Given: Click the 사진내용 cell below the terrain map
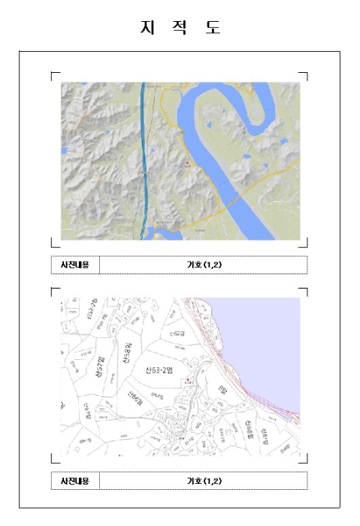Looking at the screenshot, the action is pos(75,265).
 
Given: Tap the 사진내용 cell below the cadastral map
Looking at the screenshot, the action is pos(75,480).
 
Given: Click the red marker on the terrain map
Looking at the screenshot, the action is pos(186,162).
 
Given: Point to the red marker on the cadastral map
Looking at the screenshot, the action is pos(187,379).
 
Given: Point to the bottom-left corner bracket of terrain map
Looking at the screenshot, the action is pos(53,243).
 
